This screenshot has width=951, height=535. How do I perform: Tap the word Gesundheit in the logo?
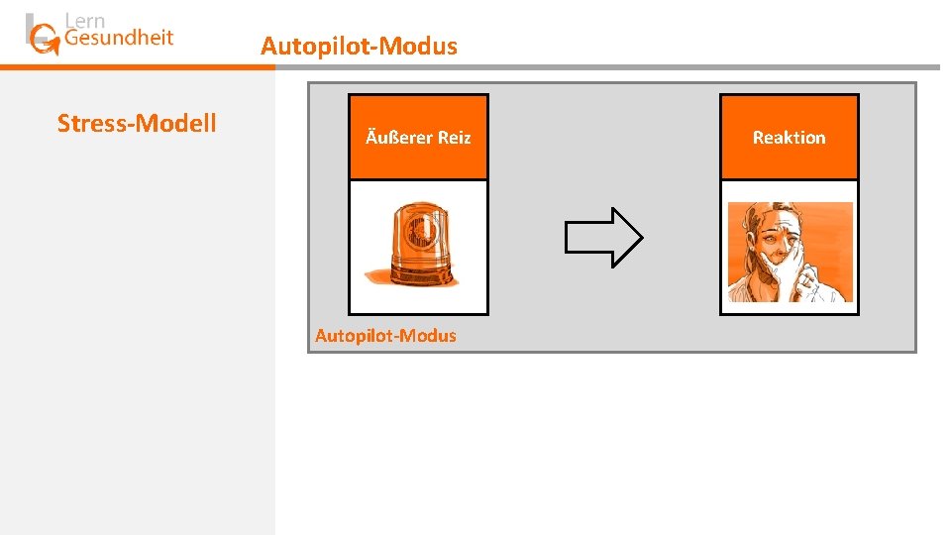118,39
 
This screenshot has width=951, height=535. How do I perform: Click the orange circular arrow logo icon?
45,40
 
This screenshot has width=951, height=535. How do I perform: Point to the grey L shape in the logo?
30,28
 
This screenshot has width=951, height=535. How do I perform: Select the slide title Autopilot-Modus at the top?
359,46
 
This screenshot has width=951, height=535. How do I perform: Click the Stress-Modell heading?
137,123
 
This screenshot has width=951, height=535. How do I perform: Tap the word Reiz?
454,138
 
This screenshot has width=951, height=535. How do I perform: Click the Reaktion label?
789,138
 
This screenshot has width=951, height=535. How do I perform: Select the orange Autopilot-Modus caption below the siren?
385,336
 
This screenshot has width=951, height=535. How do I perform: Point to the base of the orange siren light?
419,271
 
